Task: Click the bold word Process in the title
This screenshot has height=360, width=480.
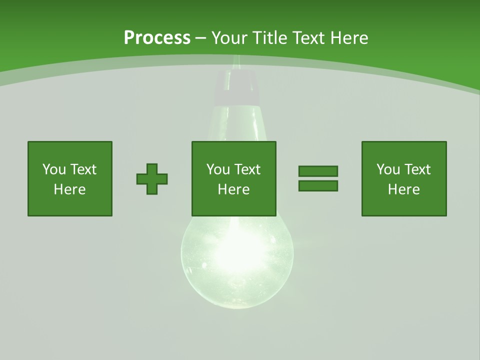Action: click(157, 38)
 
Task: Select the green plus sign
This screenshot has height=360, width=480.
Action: click(152, 179)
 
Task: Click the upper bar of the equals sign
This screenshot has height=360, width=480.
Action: click(318, 171)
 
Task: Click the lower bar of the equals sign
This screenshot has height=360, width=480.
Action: click(318, 186)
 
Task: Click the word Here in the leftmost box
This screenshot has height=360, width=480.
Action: click(70, 189)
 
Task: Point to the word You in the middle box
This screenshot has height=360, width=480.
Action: click(218, 169)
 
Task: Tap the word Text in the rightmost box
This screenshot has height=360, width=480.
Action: click(417, 169)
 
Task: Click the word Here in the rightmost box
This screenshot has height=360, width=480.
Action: click(404, 189)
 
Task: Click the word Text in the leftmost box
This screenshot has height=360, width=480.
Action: click(83, 169)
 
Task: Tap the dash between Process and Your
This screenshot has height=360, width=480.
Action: click(200, 38)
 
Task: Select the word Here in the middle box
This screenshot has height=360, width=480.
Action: click(234, 189)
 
